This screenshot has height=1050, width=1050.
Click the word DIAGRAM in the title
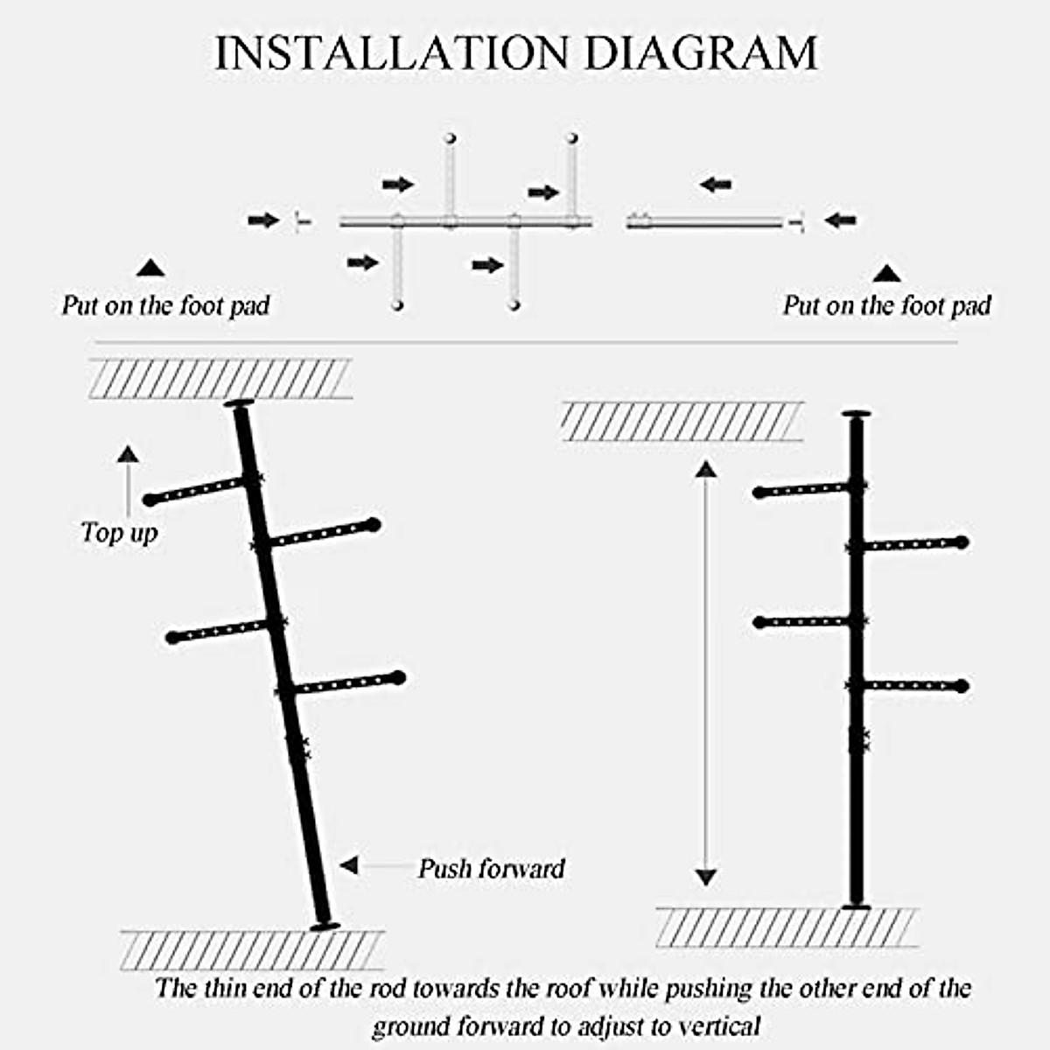(x=701, y=53)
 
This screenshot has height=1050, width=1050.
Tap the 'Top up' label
(x=119, y=532)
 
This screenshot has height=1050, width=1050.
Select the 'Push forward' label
(x=492, y=868)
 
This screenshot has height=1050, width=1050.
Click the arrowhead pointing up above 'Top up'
(x=128, y=454)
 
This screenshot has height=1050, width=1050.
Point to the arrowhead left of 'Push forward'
(x=350, y=865)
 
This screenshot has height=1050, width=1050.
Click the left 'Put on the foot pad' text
(x=165, y=305)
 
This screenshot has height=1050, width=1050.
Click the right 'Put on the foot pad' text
(x=886, y=305)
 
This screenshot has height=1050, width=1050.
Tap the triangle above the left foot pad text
(x=150, y=268)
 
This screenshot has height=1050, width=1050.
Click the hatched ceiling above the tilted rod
(x=220, y=378)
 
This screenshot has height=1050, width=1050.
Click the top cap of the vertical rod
(x=856, y=415)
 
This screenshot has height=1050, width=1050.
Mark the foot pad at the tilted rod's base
(x=325, y=926)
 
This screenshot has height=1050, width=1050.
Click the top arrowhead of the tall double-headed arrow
(x=706, y=469)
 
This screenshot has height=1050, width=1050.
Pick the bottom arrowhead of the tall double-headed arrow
(x=706, y=877)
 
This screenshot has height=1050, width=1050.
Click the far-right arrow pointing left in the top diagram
(x=841, y=220)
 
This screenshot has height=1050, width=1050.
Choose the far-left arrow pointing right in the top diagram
(x=262, y=220)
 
